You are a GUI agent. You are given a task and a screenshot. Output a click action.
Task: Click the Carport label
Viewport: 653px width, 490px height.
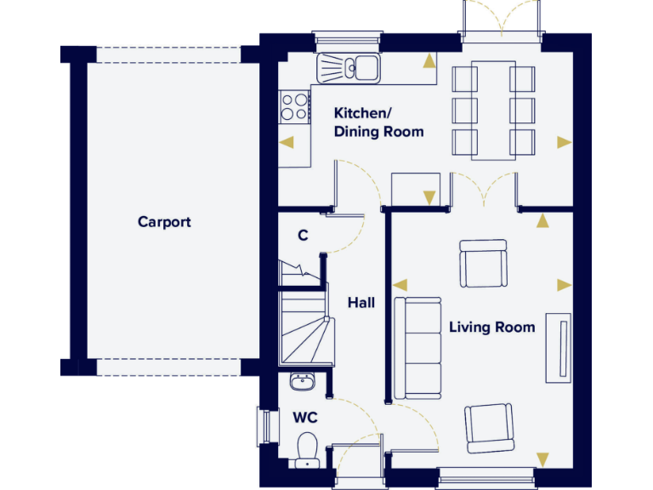tap(164, 222)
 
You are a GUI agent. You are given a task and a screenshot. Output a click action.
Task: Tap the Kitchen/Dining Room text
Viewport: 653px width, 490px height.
tap(378, 122)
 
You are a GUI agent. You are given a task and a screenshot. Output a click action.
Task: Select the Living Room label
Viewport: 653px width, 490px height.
tap(491, 327)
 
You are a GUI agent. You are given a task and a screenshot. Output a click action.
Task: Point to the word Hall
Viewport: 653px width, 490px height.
tap(361, 302)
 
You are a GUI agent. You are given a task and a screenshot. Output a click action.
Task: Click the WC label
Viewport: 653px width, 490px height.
tap(305, 418)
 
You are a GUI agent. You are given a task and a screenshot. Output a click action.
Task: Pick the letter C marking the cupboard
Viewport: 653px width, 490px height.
tap(302, 236)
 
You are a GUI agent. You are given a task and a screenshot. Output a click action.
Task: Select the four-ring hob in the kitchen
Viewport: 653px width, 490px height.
tap(295, 106)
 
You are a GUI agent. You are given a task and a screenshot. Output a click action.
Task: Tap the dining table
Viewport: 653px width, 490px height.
tap(493, 109)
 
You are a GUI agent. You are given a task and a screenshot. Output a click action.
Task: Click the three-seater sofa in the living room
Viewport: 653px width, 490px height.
tap(417, 348)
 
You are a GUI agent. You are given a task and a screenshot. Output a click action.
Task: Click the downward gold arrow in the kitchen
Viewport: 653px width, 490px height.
tap(429, 198)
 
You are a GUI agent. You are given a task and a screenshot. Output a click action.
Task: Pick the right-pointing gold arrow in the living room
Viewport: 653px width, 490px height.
tap(563, 285)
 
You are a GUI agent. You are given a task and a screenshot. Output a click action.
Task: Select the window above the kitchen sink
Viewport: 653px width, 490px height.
tap(346, 37)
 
